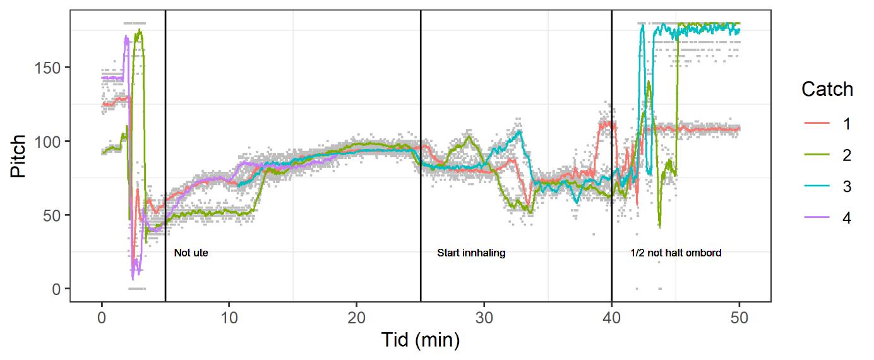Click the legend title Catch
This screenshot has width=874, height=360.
coord(827,90)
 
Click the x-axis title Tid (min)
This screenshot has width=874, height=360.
coord(420,340)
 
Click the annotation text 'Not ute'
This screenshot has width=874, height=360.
coord(191,253)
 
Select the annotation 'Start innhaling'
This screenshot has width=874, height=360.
coord(472,253)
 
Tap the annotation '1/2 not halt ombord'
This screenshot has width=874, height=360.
coord(676,253)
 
